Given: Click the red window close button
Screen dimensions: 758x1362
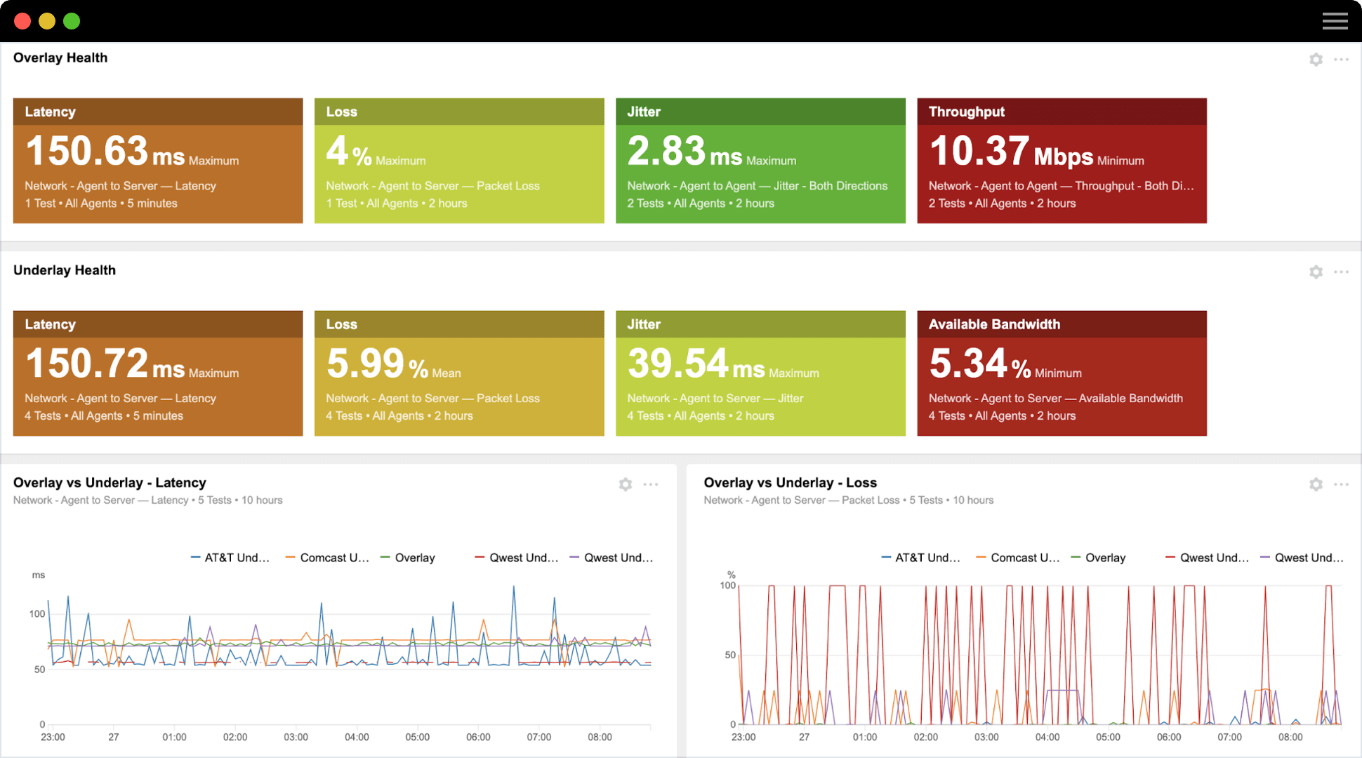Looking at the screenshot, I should click(22, 21).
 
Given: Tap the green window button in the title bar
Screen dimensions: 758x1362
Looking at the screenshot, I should click(72, 21).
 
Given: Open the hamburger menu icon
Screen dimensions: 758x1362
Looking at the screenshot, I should click(1335, 21).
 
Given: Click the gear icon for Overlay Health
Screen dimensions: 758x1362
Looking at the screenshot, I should click(1316, 60).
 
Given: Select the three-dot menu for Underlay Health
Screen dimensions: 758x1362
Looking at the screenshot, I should click(1341, 272).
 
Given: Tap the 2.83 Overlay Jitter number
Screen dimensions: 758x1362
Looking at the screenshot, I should click(666, 151).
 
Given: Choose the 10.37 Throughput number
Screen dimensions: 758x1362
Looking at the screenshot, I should click(979, 151).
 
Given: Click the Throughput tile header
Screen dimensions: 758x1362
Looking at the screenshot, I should click(966, 112).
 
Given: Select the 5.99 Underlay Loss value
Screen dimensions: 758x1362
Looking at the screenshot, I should click(365, 364).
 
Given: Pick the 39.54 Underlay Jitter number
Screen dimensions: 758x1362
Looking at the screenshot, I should click(677, 364).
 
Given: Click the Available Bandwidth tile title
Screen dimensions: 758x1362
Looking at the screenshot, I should click(994, 324).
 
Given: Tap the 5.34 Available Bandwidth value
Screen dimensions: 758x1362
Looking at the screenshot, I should click(968, 364).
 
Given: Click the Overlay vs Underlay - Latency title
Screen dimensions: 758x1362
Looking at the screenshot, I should click(110, 482).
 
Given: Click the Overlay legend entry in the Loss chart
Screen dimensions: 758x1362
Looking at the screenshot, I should click(1104, 558).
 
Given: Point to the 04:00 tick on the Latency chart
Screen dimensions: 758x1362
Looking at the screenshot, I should click(357, 737).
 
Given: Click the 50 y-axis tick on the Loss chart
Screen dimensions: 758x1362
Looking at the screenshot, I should click(730, 655).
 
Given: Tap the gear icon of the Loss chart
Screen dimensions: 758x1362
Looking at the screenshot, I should click(1316, 484).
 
